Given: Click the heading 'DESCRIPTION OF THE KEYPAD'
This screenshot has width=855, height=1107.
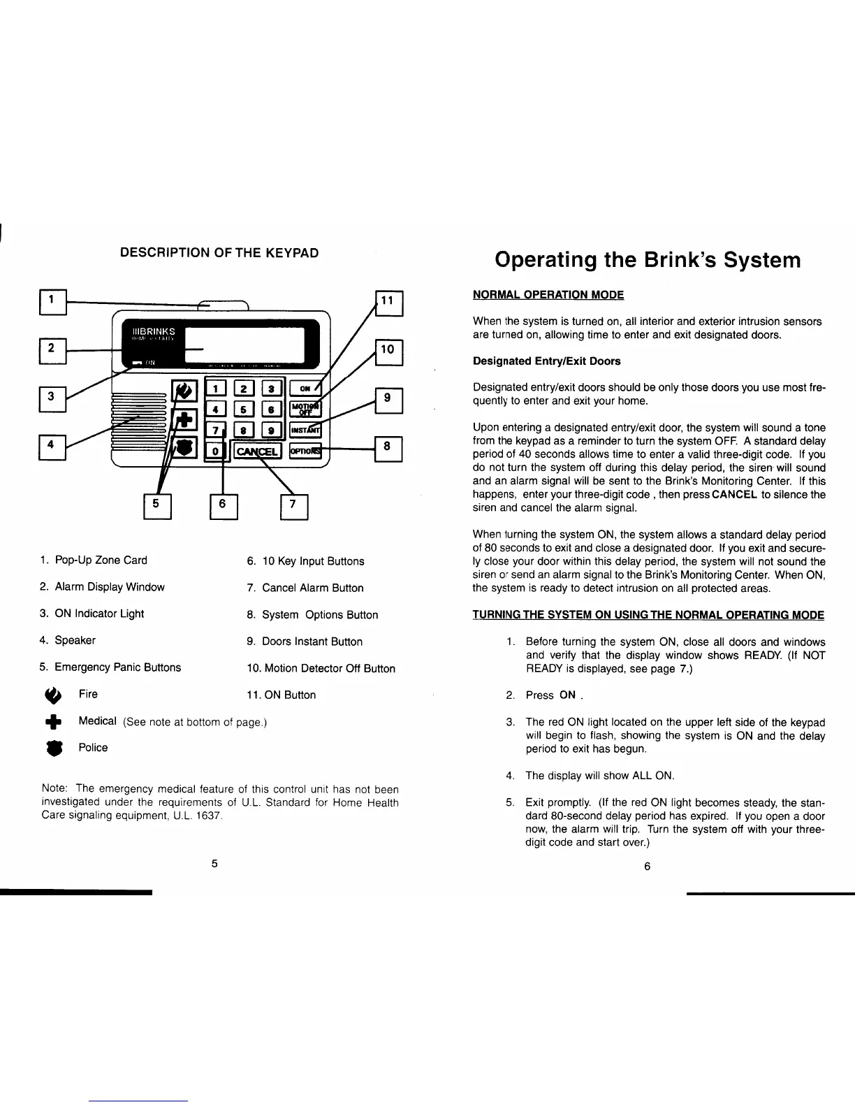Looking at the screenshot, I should (219, 252).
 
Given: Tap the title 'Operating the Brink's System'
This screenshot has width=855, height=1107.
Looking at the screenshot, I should (648, 260).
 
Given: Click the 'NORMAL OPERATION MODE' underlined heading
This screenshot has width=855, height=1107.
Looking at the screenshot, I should (548, 295).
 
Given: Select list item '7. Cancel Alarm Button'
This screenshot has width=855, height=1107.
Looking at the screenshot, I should (305, 588).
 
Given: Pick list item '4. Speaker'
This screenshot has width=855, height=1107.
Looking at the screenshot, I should (68, 640).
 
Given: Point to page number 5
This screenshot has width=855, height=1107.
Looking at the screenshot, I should (215, 863).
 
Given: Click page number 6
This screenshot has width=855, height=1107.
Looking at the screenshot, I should (647, 867).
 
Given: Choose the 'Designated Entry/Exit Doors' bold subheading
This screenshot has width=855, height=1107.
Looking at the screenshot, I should (546, 361).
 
